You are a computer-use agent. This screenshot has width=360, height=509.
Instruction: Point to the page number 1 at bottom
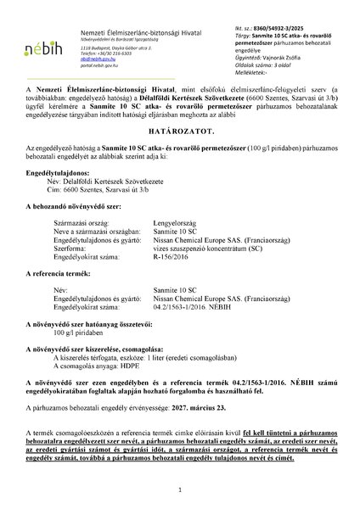point(180,489)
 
